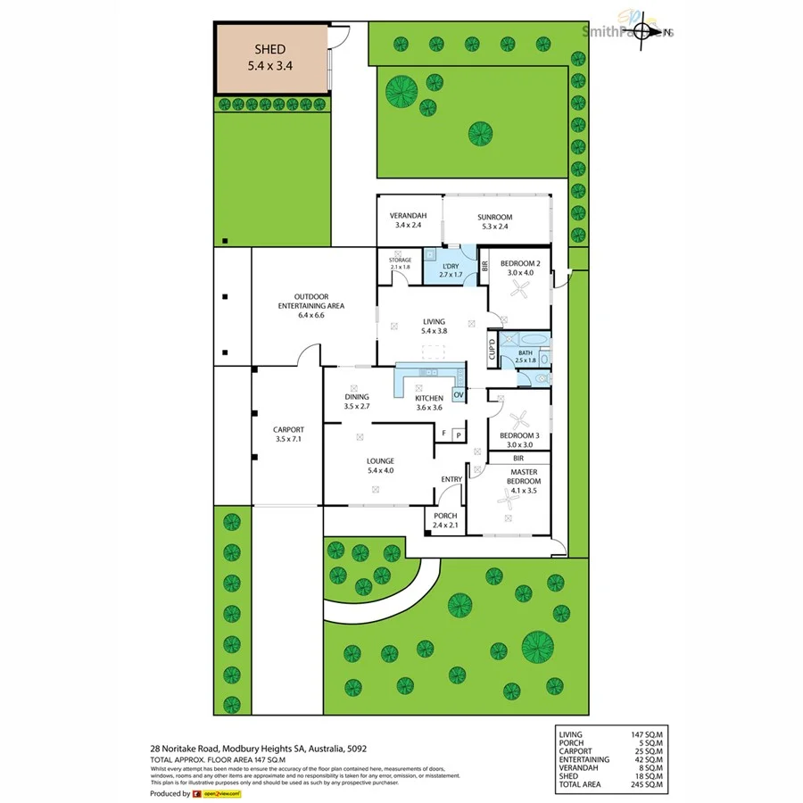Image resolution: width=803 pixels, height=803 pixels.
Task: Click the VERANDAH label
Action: [408, 217]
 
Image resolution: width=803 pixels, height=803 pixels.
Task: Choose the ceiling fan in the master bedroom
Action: [509, 501]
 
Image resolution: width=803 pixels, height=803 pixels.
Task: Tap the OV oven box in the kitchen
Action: [459, 394]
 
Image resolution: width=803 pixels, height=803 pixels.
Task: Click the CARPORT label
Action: [288, 429]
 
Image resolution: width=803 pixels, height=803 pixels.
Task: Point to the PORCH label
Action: [445, 516]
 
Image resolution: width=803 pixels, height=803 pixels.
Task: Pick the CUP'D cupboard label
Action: [492, 346]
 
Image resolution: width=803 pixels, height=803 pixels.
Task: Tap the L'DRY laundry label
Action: [452, 265]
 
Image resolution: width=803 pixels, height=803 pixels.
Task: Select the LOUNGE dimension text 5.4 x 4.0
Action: [380, 470]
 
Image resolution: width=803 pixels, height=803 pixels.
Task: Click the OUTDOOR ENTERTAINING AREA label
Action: [311, 302]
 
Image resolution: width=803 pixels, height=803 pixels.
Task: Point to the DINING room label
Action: [357, 397]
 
